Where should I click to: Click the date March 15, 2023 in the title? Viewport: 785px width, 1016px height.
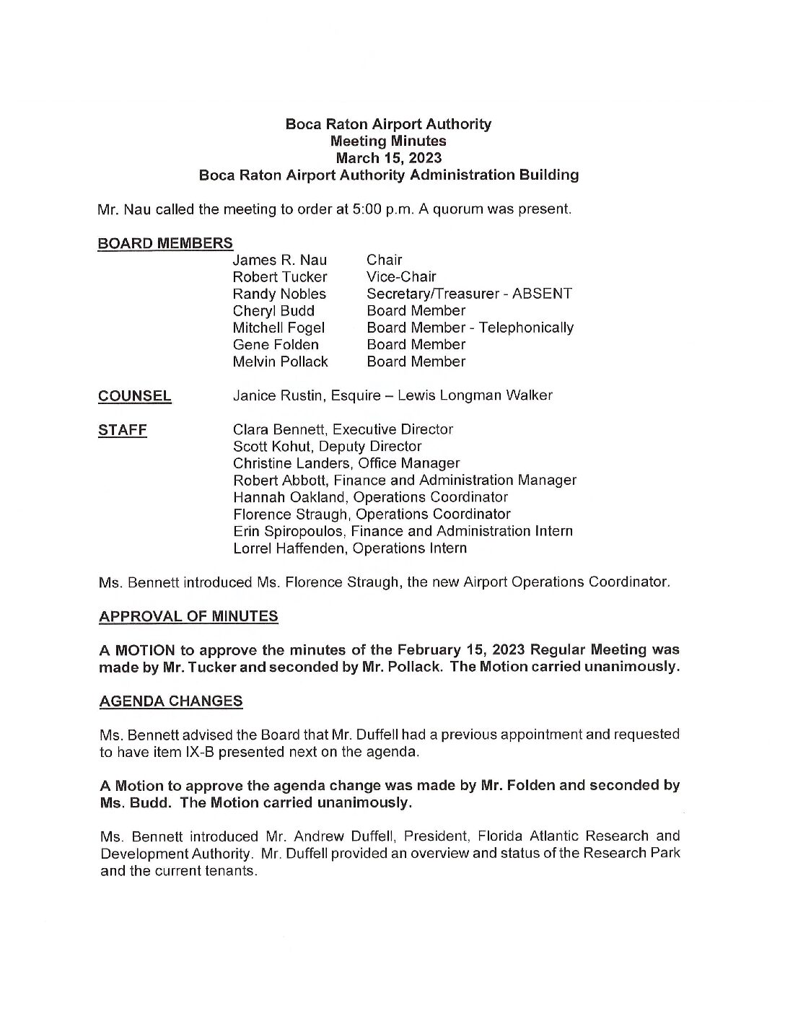point(388,158)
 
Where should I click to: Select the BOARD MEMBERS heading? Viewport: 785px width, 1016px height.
point(165,243)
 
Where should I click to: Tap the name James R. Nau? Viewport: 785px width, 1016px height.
point(279,260)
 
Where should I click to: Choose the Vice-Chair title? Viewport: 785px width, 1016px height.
point(401,277)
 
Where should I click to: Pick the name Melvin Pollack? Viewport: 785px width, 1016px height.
point(280,362)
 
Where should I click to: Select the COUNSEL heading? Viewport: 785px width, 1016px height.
point(135,395)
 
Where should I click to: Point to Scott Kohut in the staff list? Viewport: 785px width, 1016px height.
point(273,446)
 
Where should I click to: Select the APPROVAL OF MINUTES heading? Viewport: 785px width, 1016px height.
point(188,616)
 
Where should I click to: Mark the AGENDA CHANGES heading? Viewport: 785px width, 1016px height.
point(170,701)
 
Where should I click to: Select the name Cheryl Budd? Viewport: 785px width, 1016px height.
point(273,311)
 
